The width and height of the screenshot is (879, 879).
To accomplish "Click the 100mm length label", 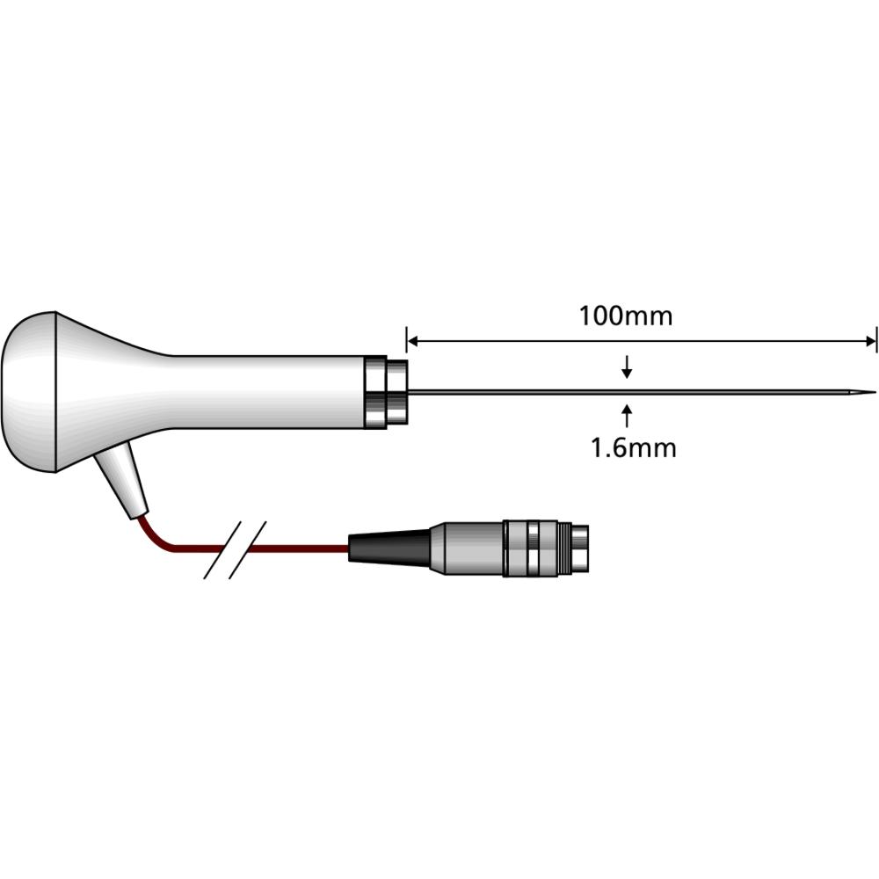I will tap(625, 316).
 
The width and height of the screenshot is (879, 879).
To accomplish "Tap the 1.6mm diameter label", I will tap(633, 448).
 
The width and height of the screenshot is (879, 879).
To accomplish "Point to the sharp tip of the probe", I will tap(874, 392).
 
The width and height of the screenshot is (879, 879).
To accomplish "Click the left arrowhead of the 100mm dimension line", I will tap(412, 341).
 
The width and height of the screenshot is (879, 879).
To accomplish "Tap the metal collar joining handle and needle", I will tap(385, 392).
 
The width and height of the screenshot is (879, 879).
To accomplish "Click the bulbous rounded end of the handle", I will tap(35, 391).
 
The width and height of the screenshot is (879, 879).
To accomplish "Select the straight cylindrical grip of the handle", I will tap(264, 392).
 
